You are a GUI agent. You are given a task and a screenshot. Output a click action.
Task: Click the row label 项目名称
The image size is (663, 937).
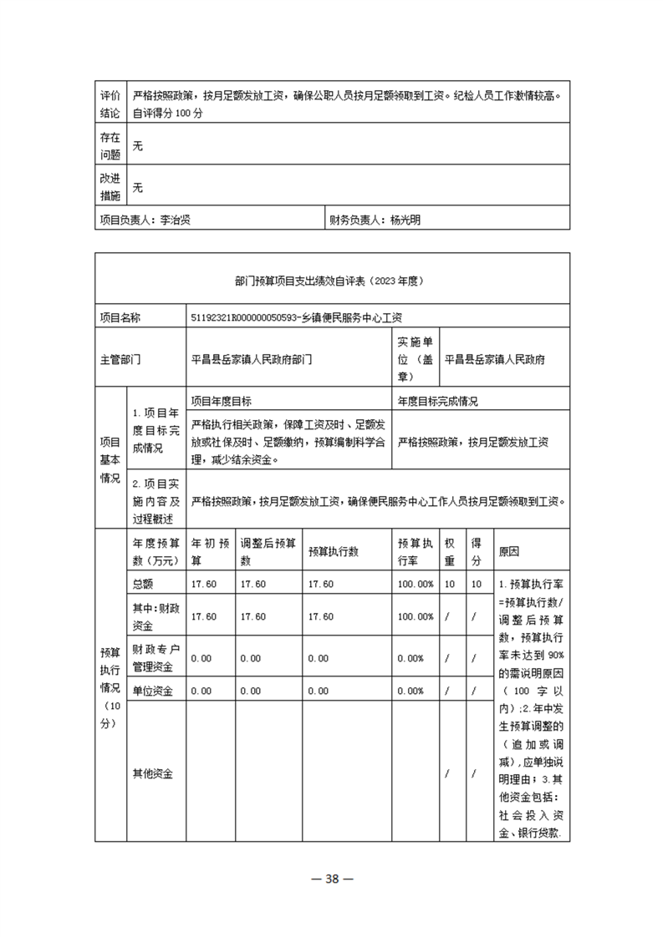point(120,317)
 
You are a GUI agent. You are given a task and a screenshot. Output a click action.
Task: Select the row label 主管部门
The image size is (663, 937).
point(120,359)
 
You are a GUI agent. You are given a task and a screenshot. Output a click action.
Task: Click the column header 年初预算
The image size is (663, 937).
point(209,550)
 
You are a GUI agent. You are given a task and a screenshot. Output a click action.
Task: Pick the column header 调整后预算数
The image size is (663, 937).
point(268,550)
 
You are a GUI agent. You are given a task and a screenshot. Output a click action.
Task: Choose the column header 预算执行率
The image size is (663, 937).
point(416,550)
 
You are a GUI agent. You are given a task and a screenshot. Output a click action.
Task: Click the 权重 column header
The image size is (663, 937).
point(450,550)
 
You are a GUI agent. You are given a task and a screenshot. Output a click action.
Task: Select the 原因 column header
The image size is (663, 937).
point(509,551)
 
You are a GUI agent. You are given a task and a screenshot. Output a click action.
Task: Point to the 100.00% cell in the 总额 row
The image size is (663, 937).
point(416,583)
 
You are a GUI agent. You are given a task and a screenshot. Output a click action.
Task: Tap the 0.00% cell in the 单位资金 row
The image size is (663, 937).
point(411,691)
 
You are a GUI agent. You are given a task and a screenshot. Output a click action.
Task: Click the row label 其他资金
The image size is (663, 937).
point(152,773)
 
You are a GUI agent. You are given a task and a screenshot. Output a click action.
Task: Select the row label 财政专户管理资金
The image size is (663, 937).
point(156,658)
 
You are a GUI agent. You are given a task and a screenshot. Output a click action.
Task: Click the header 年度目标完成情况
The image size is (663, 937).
point(437,401)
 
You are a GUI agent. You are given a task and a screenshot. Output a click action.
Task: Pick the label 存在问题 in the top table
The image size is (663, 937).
point(110,145)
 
